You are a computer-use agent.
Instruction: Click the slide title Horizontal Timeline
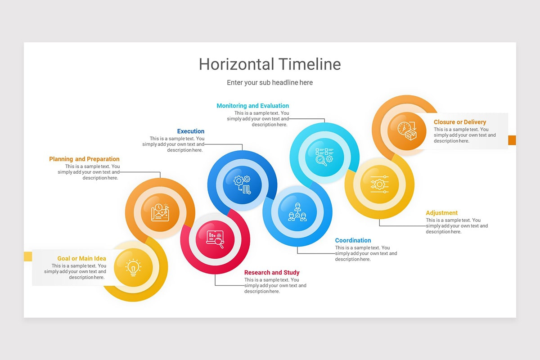(270, 64)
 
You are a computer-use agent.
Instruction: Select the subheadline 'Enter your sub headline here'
(270, 83)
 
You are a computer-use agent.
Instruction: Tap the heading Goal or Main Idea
(81, 258)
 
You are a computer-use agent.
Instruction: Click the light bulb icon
(133, 267)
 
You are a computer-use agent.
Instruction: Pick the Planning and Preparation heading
(84, 159)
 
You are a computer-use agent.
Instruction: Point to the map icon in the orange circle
(160, 212)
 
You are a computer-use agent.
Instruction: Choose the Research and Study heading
(271, 272)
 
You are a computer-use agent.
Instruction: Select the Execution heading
(190, 131)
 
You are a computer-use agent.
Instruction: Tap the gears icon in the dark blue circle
(242, 184)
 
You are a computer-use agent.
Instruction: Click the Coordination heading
(353, 240)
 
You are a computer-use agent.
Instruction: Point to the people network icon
(297, 212)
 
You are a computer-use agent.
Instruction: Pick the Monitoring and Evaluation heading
(252, 106)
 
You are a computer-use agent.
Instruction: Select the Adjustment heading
(441, 213)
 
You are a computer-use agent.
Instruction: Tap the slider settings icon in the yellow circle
(379, 184)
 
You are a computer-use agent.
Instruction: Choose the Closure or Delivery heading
(459, 122)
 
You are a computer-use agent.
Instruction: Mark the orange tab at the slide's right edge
(512, 140)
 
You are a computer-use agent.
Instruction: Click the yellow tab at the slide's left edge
(28, 256)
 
